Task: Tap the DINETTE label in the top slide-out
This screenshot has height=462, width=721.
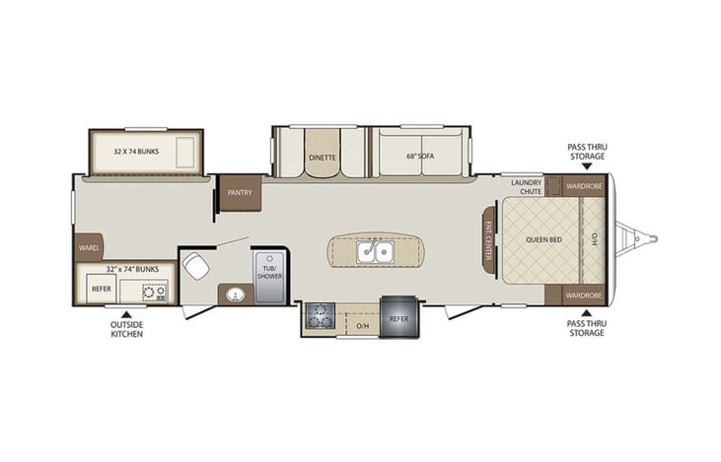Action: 322,157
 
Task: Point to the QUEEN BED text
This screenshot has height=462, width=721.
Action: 542,238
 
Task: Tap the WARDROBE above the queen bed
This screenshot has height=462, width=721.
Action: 584,184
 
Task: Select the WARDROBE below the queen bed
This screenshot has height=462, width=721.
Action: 584,295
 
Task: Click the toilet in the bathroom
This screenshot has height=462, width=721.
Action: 195,267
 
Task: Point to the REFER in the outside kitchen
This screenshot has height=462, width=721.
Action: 101,290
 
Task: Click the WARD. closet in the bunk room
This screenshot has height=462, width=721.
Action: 88,249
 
